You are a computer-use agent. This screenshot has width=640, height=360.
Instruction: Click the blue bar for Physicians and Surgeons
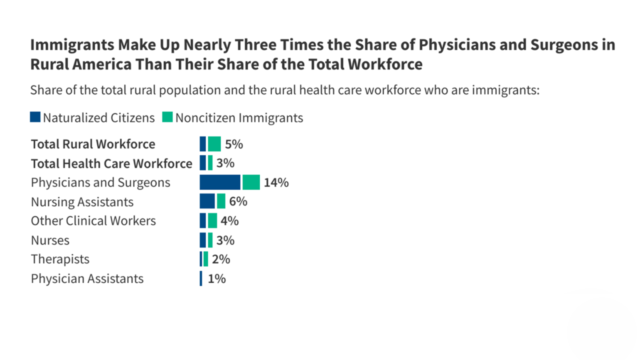(x=220, y=182)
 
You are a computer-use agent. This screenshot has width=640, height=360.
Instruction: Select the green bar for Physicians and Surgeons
(x=251, y=182)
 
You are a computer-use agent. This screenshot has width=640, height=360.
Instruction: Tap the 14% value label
(x=276, y=182)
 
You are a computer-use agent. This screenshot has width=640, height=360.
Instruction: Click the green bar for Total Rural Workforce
(x=214, y=144)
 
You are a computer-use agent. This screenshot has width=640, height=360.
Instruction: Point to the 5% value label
(x=233, y=144)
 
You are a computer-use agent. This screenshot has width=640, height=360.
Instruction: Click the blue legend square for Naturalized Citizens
(x=35, y=117)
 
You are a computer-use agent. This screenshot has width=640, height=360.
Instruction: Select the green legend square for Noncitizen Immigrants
(x=167, y=117)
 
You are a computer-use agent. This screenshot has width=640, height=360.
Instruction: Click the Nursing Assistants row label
(x=82, y=202)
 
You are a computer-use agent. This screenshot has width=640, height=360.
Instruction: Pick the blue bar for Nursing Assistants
(x=207, y=201)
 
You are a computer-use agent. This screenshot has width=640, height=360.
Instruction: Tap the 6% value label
(x=238, y=201)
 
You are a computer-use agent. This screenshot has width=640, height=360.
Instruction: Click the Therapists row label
(x=60, y=259)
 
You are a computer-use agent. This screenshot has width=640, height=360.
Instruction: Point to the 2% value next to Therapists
(x=220, y=259)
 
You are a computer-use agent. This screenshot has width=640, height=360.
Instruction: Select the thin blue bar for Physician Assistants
(x=201, y=278)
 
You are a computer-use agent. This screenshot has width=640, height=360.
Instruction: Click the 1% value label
(x=216, y=278)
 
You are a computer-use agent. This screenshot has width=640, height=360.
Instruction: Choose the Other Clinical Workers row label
(x=93, y=221)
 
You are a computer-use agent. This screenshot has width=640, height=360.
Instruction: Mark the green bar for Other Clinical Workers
(x=212, y=221)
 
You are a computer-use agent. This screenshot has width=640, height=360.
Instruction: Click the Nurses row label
(x=50, y=240)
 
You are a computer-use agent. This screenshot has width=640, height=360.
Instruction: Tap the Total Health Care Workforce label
(x=111, y=163)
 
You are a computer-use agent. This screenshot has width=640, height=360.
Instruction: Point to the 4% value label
(x=230, y=221)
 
